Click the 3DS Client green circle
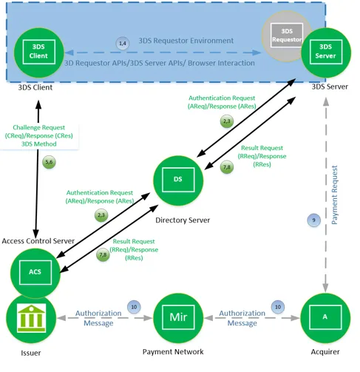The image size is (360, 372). (x=39, y=53)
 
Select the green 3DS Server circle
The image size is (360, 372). (x=326, y=53)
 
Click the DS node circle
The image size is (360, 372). (x=178, y=180)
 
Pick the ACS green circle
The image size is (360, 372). (x=35, y=273)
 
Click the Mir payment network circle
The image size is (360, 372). (x=178, y=318)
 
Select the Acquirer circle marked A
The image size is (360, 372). (x=325, y=318)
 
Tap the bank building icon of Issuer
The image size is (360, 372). (x=31, y=318)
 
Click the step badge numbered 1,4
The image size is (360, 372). (x=123, y=44)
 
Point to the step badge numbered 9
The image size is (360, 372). (x=313, y=220)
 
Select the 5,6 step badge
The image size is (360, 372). (x=49, y=162)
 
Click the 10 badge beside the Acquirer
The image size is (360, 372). (x=278, y=307)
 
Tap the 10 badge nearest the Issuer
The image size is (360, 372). (x=134, y=307)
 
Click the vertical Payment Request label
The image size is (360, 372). (x=334, y=195)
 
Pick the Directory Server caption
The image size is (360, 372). (x=183, y=220)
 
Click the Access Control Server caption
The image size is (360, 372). (x=38, y=241)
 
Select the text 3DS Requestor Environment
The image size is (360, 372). (x=186, y=41)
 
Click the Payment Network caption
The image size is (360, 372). (x=173, y=352)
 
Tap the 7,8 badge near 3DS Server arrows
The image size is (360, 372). (x=227, y=167)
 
